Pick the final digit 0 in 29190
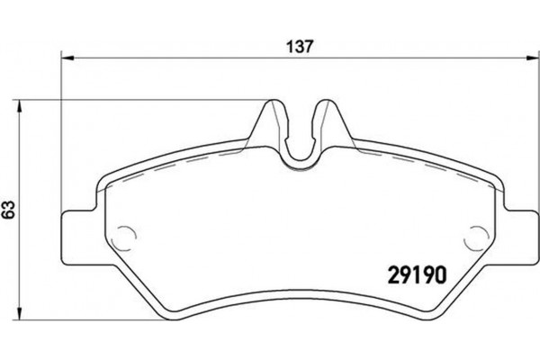tap(442, 271)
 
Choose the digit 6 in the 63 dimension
tap(9, 216)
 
